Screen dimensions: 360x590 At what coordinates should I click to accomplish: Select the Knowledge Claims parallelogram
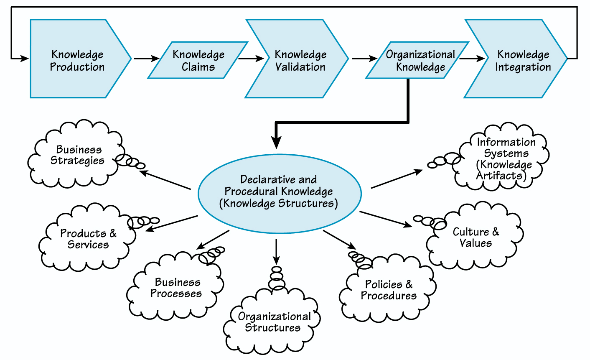(x=198, y=60)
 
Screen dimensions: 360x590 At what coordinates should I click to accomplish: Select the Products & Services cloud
(x=88, y=239)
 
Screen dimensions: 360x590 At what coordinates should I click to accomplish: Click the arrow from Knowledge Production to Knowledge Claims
(x=144, y=59)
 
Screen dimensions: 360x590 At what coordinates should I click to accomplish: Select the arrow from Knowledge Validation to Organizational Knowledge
(x=364, y=59)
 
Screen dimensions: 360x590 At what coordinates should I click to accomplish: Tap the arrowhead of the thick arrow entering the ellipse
(x=276, y=142)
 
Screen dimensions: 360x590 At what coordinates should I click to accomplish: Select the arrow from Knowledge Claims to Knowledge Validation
(x=251, y=59)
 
